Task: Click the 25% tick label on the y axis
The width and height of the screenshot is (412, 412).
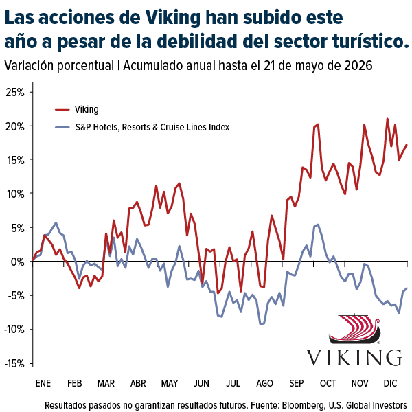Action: tap(15, 93)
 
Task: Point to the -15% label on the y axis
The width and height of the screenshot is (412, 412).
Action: tap(14, 364)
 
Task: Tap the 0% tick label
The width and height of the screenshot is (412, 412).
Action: tap(18, 262)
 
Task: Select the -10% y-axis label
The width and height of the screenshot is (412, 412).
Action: tap(14, 329)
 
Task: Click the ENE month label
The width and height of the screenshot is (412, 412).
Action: tap(43, 383)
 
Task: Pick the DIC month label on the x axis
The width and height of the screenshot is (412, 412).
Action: tap(390, 383)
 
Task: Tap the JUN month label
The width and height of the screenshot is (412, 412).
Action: tap(201, 383)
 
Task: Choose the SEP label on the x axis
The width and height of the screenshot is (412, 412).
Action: tap(297, 383)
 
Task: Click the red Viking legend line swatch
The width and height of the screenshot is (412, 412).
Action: tap(62, 110)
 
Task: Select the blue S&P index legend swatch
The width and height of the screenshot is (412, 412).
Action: tap(62, 127)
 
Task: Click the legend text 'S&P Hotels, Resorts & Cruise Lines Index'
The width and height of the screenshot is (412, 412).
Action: tap(152, 127)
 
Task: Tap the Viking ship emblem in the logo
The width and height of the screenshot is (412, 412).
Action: tap(354, 329)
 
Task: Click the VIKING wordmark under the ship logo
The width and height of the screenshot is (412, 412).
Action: tap(354, 357)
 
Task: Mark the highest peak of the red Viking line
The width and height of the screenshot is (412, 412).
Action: tap(387, 119)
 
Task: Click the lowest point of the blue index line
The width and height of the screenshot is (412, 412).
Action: tap(261, 324)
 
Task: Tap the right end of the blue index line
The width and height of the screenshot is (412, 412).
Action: tap(407, 288)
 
